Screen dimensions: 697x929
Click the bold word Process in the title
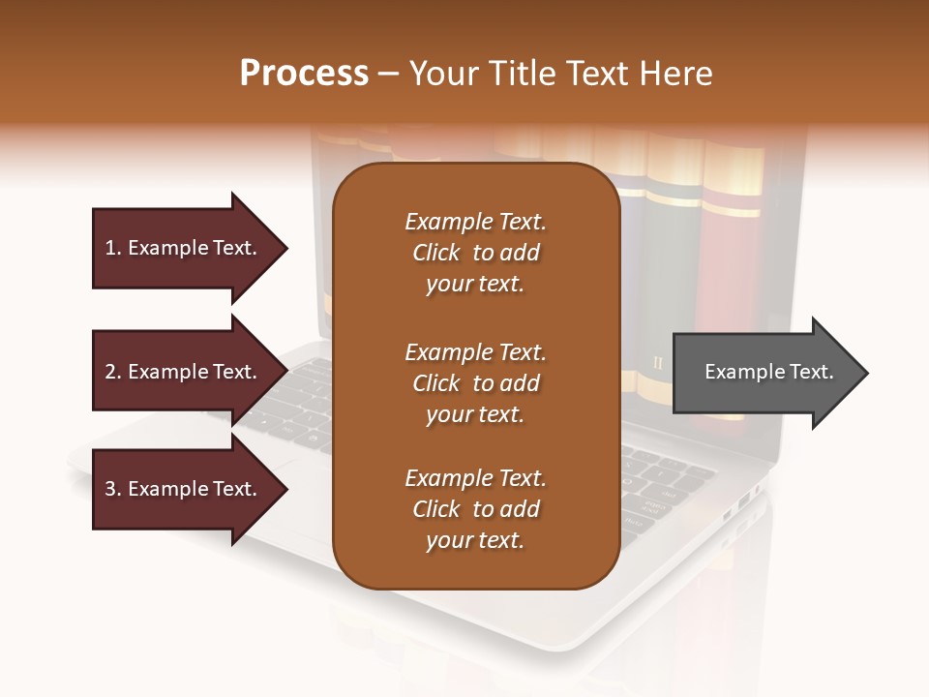click(x=304, y=73)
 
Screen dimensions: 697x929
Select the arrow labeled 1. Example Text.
click(x=181, y=248)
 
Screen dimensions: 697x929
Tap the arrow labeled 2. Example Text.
click(x=181, y=372)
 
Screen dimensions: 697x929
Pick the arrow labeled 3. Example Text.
click(x=181, y=489)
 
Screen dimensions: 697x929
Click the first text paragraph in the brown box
click(x=475, y=253)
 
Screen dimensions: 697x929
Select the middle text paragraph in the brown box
click(x=475, y=383)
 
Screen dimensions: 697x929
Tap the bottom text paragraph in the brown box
click(x=475, y=509)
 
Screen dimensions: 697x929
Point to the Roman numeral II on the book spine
click(x=659, y=364)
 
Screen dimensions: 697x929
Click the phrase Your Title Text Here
click(x=561, y=73)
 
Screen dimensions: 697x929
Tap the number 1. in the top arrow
click(x=113, y=248)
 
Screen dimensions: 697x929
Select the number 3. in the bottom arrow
click(x=113, y=489)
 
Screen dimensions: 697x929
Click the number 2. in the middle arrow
click(x=113, y=372)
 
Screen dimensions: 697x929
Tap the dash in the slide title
click(x=389, y=74)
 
